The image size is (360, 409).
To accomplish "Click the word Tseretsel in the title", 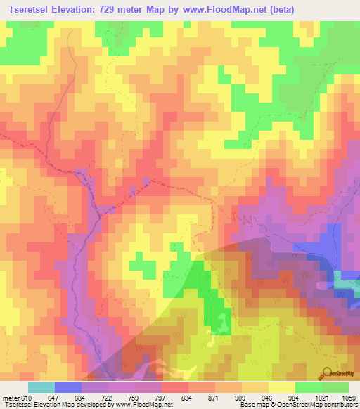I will [32, 9].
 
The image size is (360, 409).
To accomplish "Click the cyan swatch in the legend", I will [41, 387].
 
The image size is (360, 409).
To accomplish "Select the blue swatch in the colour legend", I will [68, 387].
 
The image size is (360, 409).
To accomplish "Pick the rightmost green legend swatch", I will [335, 387].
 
